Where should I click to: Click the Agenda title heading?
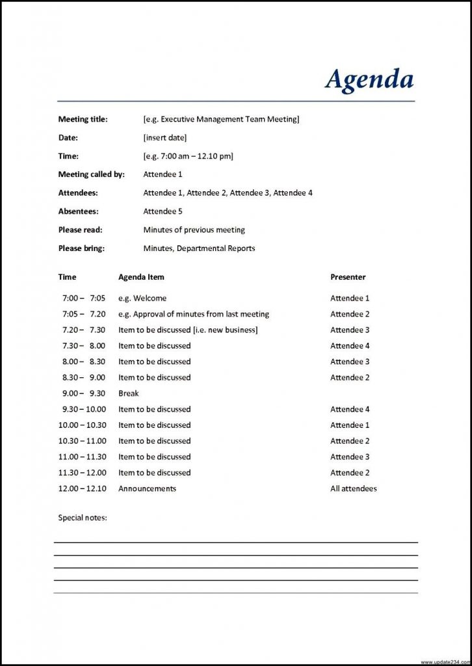[369, 79]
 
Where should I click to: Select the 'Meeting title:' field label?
[83, 119]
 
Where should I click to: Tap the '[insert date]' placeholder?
[164, 138]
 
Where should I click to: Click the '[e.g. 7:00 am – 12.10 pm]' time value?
[188, 156]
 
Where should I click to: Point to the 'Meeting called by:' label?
[91, 174]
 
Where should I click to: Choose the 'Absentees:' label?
[78, 211]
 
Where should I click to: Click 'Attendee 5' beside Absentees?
[163, 211]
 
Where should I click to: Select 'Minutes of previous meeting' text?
[194, 230]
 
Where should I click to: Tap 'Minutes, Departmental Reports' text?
[199, 248]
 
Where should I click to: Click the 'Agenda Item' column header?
[141, 277]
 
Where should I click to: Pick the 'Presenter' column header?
[348, 277]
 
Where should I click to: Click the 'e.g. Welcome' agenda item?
[142, 299]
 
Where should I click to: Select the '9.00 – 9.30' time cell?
[83, 393]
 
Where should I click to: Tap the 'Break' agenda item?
[128, 393]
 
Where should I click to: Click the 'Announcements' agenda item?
[147, 488]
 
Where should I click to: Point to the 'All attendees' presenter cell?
[353, 488]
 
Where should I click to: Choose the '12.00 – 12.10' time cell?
[83, 488]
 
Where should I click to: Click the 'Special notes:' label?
[83, 518]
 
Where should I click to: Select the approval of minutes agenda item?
[193, 314]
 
